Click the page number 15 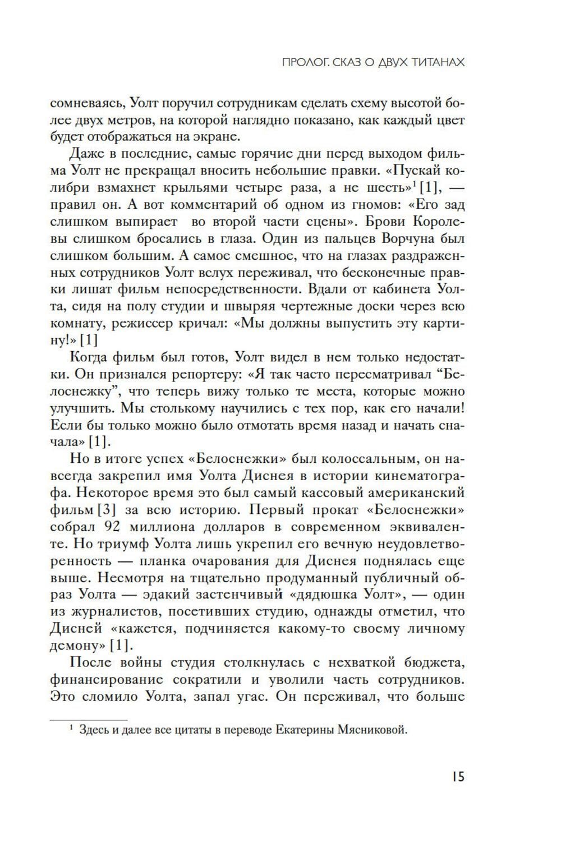point(457,778)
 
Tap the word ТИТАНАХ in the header point(432,62)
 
